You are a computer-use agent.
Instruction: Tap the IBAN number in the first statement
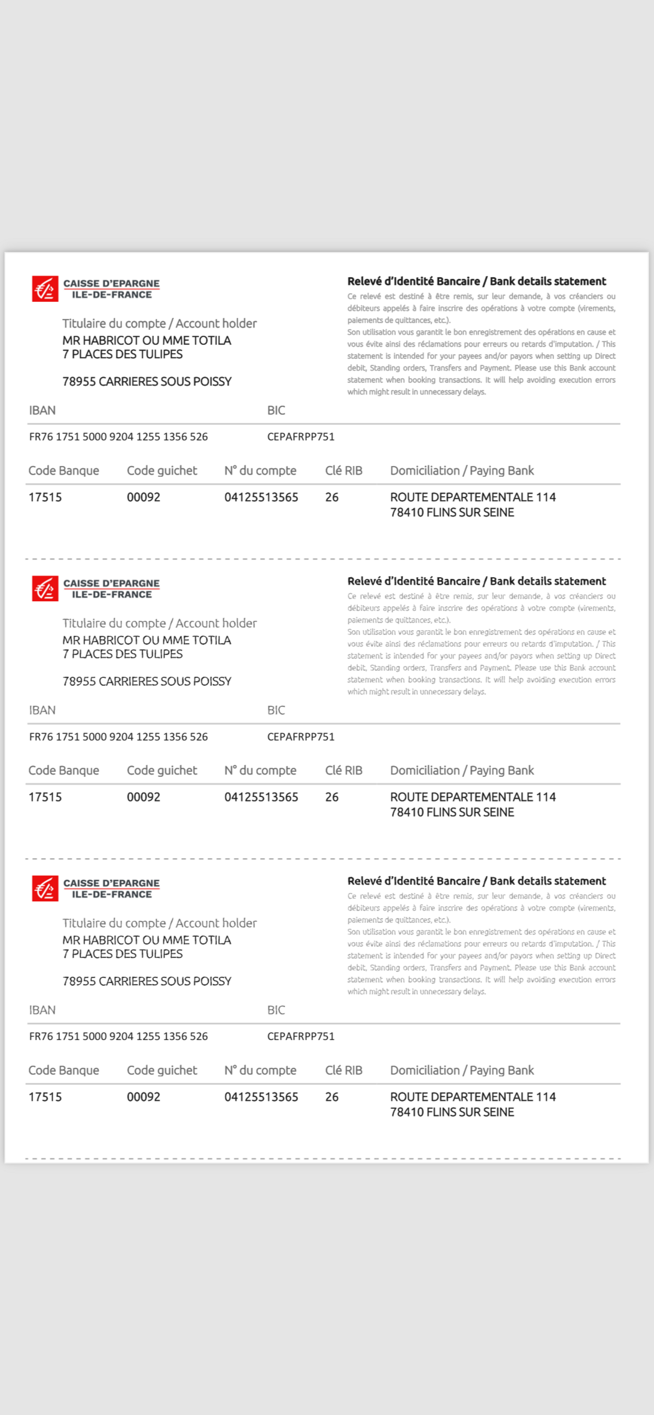[118, 437]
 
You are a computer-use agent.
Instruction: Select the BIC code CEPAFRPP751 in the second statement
[301, 737]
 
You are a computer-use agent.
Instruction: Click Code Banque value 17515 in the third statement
[45, 1097]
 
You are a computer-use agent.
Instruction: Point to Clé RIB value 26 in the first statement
[331, 497]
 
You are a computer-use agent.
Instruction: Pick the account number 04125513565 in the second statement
[261, 797]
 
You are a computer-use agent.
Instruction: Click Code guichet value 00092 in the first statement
[144, 497]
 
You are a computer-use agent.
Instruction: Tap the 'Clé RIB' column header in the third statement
[343, 1070]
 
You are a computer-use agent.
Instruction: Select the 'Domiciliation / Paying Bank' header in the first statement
[462, 471]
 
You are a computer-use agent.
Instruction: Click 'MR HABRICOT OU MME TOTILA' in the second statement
[147, 640]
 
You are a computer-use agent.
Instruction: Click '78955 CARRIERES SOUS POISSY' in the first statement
[147, 381]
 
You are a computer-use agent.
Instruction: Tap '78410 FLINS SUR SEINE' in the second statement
[452, 812]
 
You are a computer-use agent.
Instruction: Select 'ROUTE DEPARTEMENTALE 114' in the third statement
[473, 1097]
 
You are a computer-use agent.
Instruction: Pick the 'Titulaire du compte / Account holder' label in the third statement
[159, 923]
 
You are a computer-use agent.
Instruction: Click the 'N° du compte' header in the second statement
[260, 770]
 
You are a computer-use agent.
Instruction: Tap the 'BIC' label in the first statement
[276, 410]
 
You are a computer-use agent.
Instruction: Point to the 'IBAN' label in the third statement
[42, 1010]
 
